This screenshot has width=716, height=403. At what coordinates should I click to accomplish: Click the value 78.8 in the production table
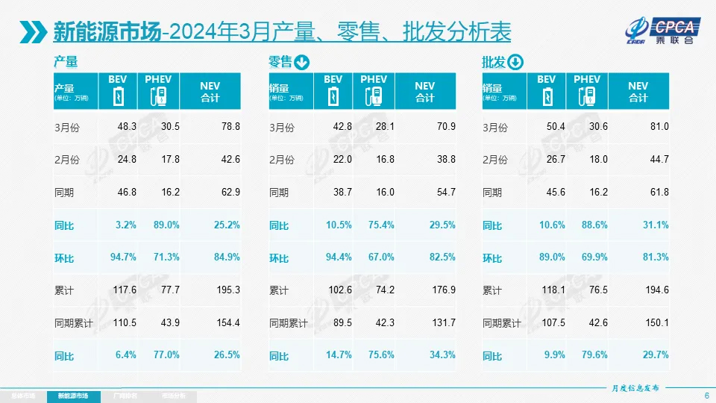click(x=231, y=127)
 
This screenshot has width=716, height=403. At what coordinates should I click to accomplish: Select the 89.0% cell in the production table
click(x=166, y=225)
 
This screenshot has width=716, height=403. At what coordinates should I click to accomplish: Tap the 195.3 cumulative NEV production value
click(x=228, y=290)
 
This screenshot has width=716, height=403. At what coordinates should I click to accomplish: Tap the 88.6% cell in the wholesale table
click(x=594, y=225)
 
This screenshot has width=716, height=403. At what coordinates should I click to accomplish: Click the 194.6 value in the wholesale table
click(x=657, y=290)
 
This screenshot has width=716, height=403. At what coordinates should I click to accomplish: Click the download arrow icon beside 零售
click(x=302, y=62)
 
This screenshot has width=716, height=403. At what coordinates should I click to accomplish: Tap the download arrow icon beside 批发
click(x=515, y=62)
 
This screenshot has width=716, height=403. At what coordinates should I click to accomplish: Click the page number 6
click(x=706, y=395)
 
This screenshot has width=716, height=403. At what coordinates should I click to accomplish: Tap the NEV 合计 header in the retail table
click(x=424, y=92)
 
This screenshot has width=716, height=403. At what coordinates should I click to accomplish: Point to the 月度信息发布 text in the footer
click(x=635, y=388)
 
